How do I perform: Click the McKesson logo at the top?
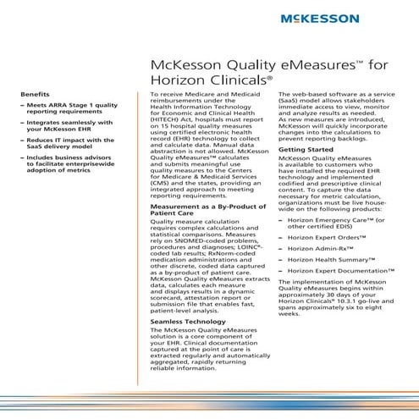pyautogui.click(x=348, y=18)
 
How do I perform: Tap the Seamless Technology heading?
pyautogui.click(x=189, y=323)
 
